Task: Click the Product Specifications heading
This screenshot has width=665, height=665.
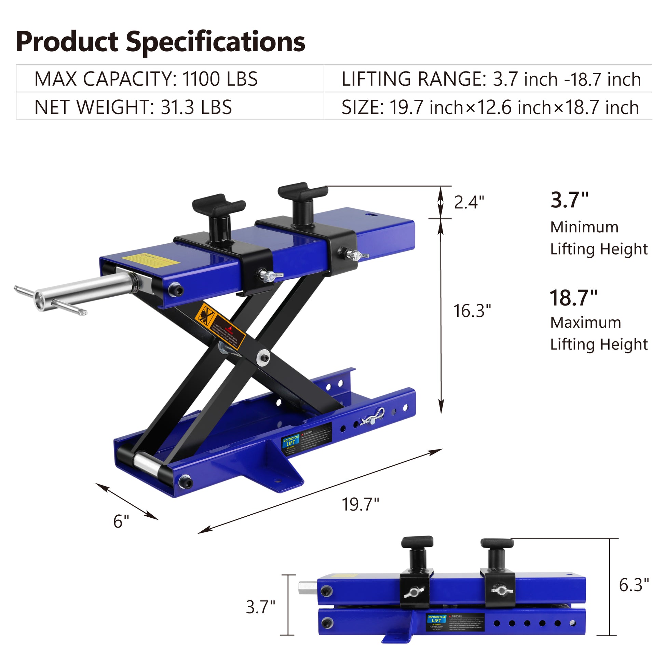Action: click(160, 42)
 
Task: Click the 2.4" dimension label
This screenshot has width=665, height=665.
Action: click(469, 202)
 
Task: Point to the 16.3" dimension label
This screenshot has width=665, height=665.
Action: click(472, 311)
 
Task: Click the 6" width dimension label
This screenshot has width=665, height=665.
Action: click(121, 521)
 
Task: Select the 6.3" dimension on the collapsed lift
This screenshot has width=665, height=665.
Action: click(634, 585)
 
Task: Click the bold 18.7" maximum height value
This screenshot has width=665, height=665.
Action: click(573, 298)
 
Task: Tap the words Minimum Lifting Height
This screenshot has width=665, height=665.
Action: click(599, 238)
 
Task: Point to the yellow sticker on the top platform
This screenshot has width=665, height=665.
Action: click(150, 260)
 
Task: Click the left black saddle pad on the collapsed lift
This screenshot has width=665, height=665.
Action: click(417, 542)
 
